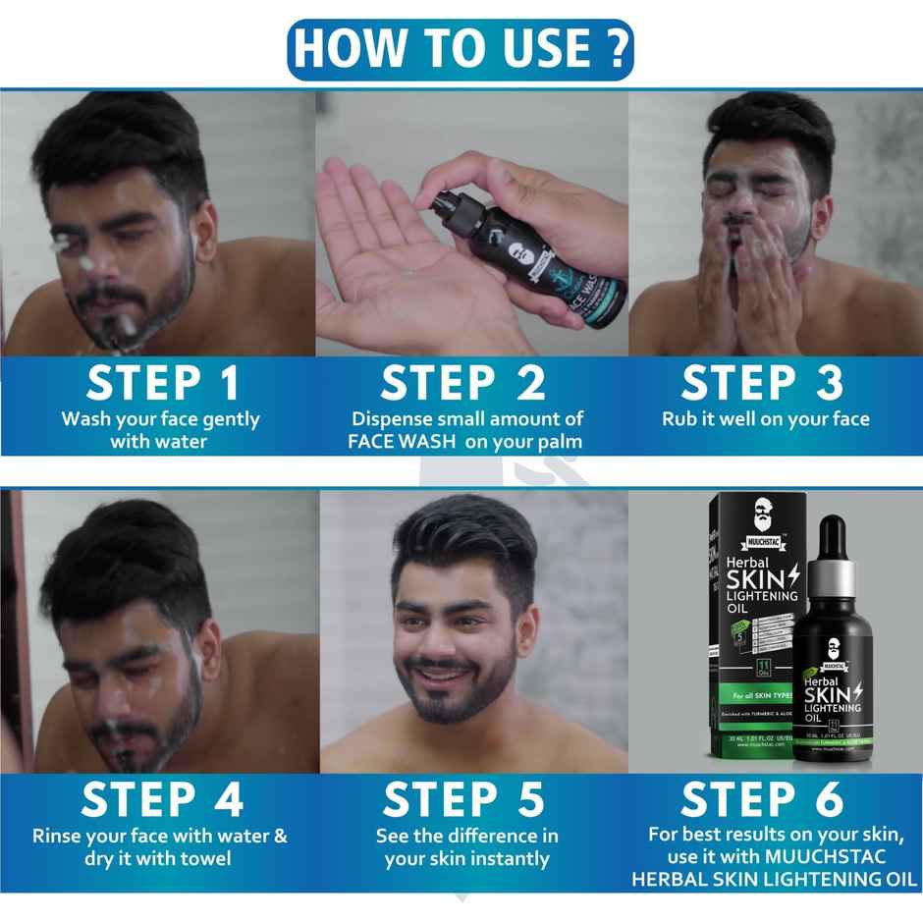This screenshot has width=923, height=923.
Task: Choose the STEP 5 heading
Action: click(463, 800)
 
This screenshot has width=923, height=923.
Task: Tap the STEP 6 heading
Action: click(763, 800)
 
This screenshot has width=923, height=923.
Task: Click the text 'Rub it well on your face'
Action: click(765, 418)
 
